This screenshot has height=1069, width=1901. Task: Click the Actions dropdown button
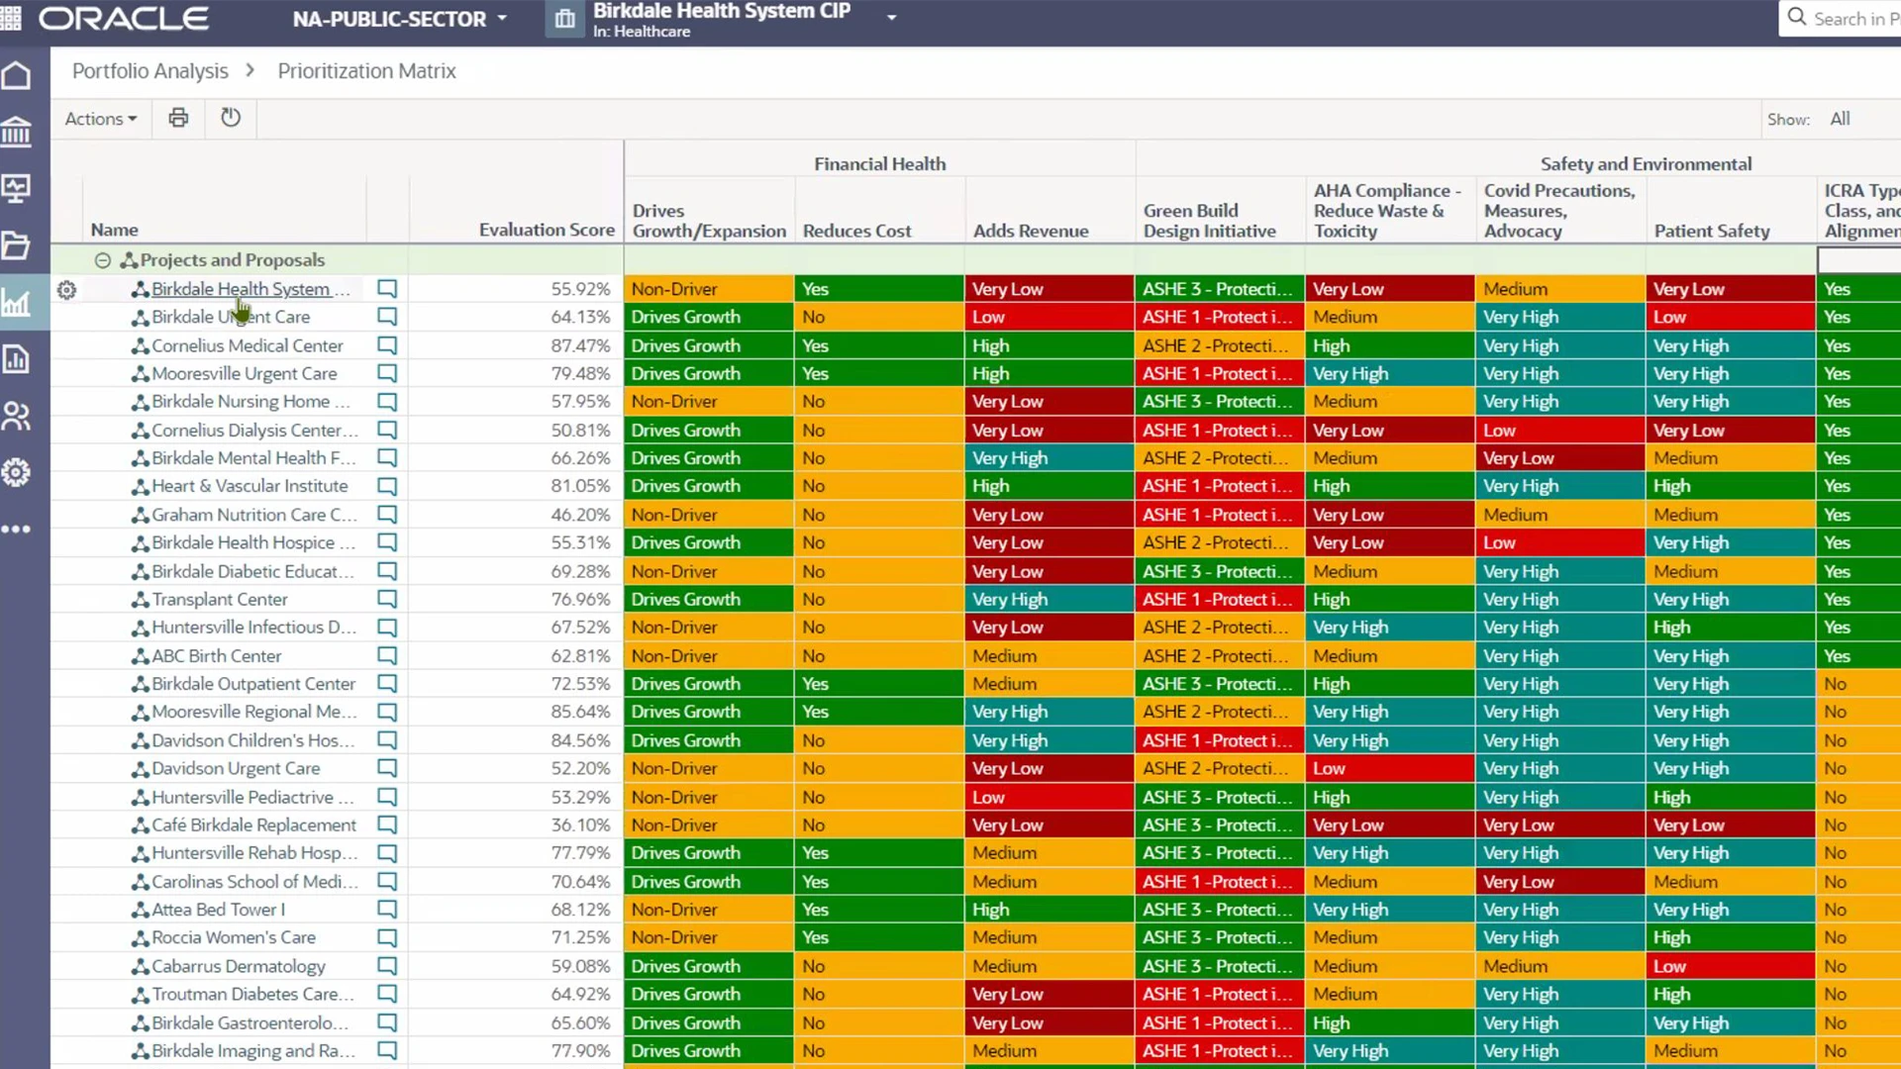click(x=100, y=119)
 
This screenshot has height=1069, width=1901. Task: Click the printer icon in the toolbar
click(x=178, y=118)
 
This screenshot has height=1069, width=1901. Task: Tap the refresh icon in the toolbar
click(x=231, y=118)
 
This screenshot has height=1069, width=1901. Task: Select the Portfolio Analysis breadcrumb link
click(x=150, y=71)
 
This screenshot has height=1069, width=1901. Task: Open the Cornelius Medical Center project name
click(x=247, y=345)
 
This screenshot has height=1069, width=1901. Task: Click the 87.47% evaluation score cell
click(x=580, y=345)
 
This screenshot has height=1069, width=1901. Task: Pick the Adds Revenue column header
click(x=1031, y=231)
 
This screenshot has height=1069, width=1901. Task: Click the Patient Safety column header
click(x=1712, y=231)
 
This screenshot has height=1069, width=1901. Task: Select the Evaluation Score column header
click(x=547, y=230)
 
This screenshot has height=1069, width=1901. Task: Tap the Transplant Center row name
click(x=220, y=599)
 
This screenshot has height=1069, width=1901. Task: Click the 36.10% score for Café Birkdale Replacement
click(x=580, y=825)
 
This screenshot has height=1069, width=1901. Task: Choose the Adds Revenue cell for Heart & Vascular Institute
click(x=1049, y=486)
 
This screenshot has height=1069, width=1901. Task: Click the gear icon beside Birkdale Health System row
click(x=66, y=290)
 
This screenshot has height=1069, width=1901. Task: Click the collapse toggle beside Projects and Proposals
click(x=103, y=260)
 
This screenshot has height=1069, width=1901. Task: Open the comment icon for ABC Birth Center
click(x=387, y=655)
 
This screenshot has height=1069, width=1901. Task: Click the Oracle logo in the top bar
click(x=124, y=19)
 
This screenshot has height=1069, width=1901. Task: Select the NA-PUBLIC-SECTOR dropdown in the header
click(x=399, y=19)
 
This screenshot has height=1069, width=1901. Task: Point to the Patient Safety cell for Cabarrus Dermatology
click(x=1730, y=966)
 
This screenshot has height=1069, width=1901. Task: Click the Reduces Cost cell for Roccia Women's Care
click(x=878, y=937)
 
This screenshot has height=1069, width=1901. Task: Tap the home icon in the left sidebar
click(x=17, y=76)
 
